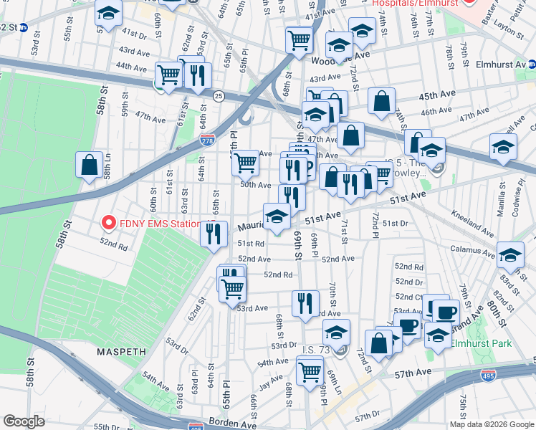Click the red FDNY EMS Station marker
pos(109,223)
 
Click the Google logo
pos(24,421)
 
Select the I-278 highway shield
pos(207,141)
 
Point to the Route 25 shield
pos(219,95)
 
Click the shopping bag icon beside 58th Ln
pos(89,165)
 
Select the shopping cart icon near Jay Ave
pos(310,371)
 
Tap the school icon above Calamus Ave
pos(509,255)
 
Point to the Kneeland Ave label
pos(472,224)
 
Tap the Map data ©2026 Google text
pos(491,424)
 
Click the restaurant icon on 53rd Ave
pos(305,302)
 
